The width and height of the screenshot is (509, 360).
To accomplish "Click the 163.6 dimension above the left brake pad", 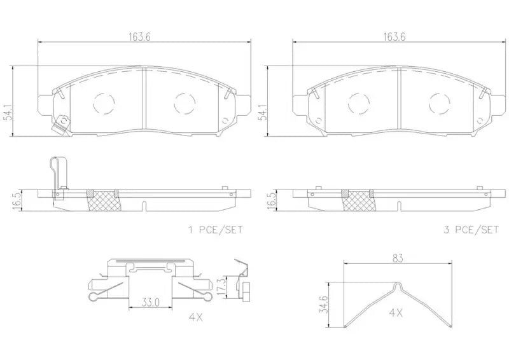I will [x=140, y=37].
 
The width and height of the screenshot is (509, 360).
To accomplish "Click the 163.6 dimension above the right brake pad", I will [x=393, y=37].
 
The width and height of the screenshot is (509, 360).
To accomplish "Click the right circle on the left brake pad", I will [x=185, y=102].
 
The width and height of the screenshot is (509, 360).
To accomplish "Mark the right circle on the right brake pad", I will [x=438, y=102].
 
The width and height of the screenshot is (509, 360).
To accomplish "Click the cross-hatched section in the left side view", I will [x=102, y=202].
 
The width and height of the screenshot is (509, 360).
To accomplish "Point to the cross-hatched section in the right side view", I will [x=356, y=202].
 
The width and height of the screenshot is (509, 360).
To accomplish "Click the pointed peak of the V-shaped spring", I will [x=400, y=284].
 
